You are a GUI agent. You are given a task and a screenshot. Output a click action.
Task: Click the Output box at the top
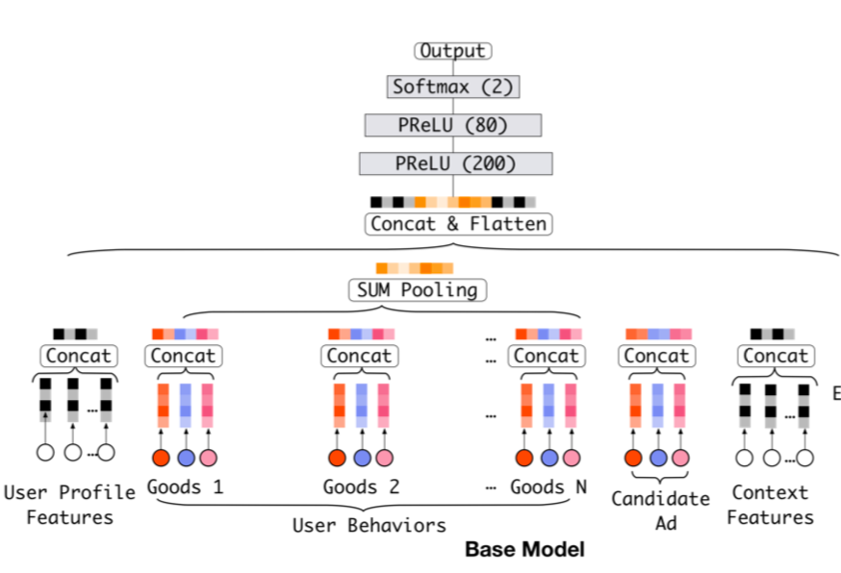click(x=452, y=51)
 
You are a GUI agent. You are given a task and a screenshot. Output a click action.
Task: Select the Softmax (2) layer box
click(x=453, y=87)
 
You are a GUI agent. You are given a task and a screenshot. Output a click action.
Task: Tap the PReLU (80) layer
click(x=452, y=125)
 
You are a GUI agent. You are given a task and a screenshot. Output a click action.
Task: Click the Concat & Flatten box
click(x=458, y=224)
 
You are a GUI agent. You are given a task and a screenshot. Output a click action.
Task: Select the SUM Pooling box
click(x=416, y=289)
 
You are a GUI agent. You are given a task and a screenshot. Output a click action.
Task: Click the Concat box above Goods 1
click(x=184, y=356)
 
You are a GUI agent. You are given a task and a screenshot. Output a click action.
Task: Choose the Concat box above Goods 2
click(x=360, y=356)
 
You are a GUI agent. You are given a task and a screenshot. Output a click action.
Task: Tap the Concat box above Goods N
click(x=547, y=356)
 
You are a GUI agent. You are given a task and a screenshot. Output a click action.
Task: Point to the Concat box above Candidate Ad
click(x=657, y=356)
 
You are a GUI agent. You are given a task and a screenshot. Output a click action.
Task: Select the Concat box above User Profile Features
click(x=78, y=356)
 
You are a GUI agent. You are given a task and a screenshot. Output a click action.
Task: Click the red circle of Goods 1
click(x=161, y=458)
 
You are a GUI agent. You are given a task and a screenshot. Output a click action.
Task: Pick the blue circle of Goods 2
click(x=362, y=458)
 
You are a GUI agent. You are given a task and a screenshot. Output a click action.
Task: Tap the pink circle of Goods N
click(x=572, y=458)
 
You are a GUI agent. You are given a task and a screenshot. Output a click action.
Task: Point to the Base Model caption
click(x=524, y=550)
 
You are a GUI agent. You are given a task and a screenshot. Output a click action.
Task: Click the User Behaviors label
click(x=370, y=525)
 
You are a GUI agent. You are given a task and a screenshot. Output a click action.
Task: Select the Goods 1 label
click(x=185, y=486)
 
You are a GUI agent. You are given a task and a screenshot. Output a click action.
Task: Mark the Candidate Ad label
click(x=660, y=509)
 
